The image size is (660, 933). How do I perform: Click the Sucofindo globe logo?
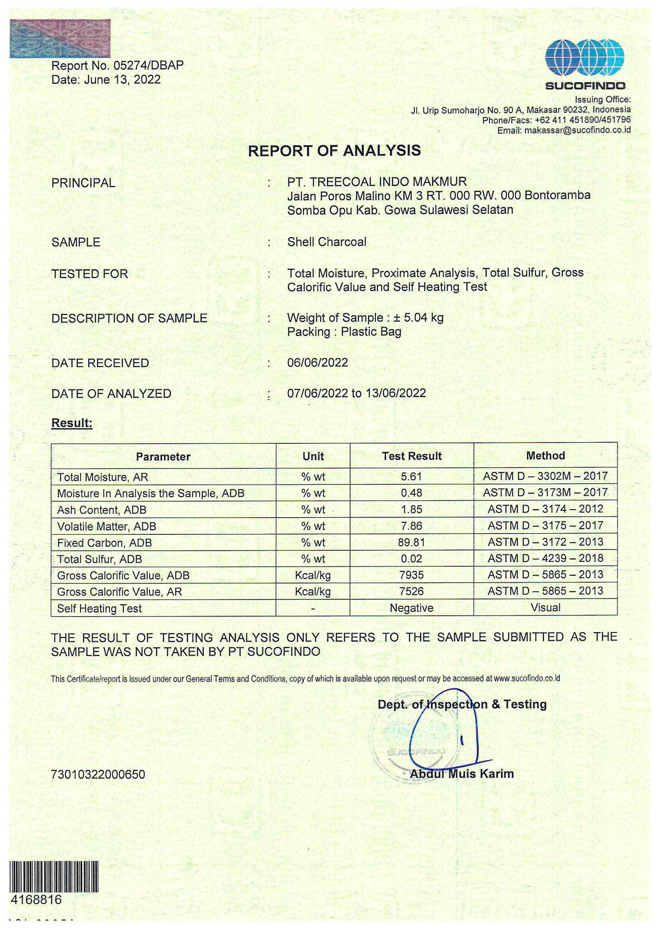[585, 58]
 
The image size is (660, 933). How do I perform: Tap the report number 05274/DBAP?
[149, 65]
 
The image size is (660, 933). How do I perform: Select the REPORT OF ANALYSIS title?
[334, 151]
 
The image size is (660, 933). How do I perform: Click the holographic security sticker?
[60, 39]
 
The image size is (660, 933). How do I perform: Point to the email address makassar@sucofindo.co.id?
[577, 130]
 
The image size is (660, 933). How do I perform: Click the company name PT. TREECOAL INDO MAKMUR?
[377, 182]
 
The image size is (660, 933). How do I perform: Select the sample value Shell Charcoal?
[327, 242]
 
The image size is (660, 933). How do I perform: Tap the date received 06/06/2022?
[317, 362]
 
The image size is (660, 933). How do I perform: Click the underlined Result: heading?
[72, 423]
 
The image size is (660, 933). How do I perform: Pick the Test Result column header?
[412, 456]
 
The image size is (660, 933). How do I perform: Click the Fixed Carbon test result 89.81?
[412, 542]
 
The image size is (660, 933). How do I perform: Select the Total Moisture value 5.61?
[412, 476]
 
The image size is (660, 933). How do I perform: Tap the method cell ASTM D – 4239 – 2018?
[545, 558]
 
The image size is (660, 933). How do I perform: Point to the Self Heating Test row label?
[99, 608]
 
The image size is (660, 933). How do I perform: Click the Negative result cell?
[412, 608]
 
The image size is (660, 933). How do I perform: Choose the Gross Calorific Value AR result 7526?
[412, 591]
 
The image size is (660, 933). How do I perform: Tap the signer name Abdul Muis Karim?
[462, 774]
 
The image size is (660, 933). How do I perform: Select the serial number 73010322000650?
[98, 774]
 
